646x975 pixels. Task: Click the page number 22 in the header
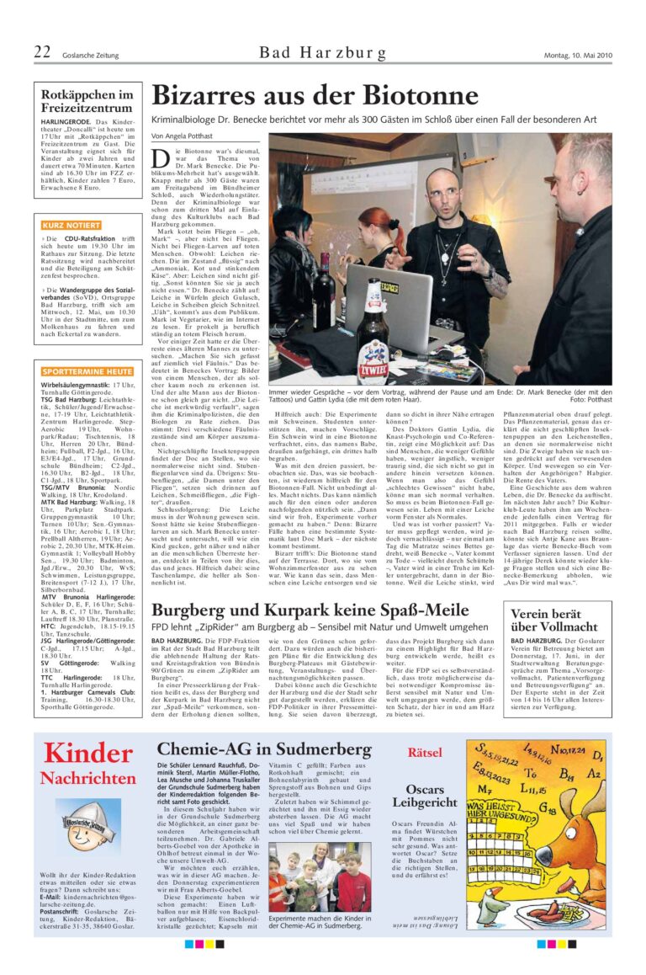pyautogui.click(x=42, y=53)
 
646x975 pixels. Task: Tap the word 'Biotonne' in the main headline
pyautogui.click(x=419, y=96)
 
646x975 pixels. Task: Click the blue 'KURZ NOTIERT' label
pyautogui.click(x=71, y=226)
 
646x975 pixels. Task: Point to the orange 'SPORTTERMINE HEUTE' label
pyautogui.click(x=87, y=370)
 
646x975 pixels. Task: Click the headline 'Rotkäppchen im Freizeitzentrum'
pyautogui.click(x=87, y=101)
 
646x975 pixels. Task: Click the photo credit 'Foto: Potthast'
pyautogui.click(x=590, y=399)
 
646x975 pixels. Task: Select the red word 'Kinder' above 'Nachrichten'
pyautogui.click(x=87, y=753)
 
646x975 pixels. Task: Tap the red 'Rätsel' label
pyautogui.click(x=425, y=752)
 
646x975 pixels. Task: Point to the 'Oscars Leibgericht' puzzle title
pyautogui.click(x=425, y=797)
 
